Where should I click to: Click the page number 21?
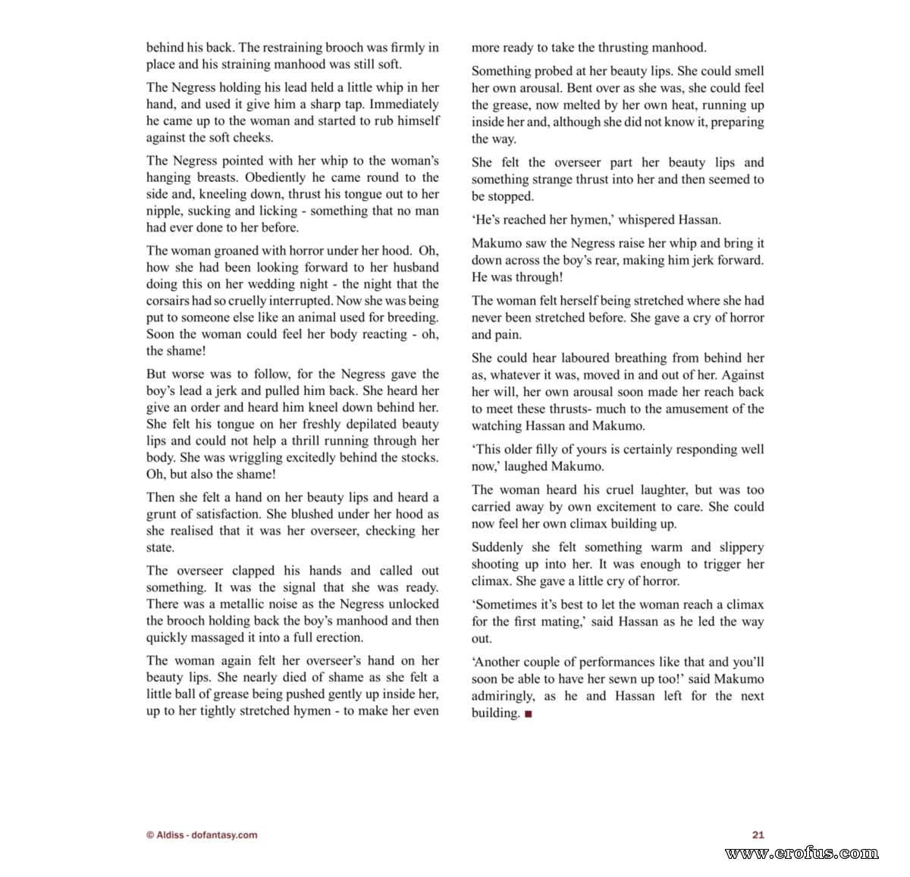758,835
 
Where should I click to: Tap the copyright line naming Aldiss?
202,835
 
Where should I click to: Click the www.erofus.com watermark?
802,854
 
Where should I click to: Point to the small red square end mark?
529,713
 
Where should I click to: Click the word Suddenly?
497,547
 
